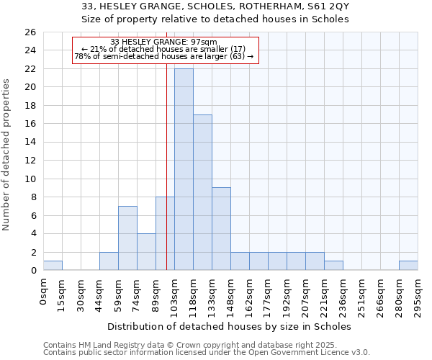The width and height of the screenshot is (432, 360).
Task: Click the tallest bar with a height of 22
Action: click(x=184, y=169)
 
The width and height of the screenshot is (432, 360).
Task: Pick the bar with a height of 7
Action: click(x=127, y=238)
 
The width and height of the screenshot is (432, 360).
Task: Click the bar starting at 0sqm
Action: click(x=53, y=266)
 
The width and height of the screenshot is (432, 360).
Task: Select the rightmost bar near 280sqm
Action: click(x=408, y=266)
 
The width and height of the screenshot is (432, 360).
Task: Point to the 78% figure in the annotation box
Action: click(x=81, y=56)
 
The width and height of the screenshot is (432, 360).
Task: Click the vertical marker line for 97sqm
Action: click(x=166, y=180)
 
